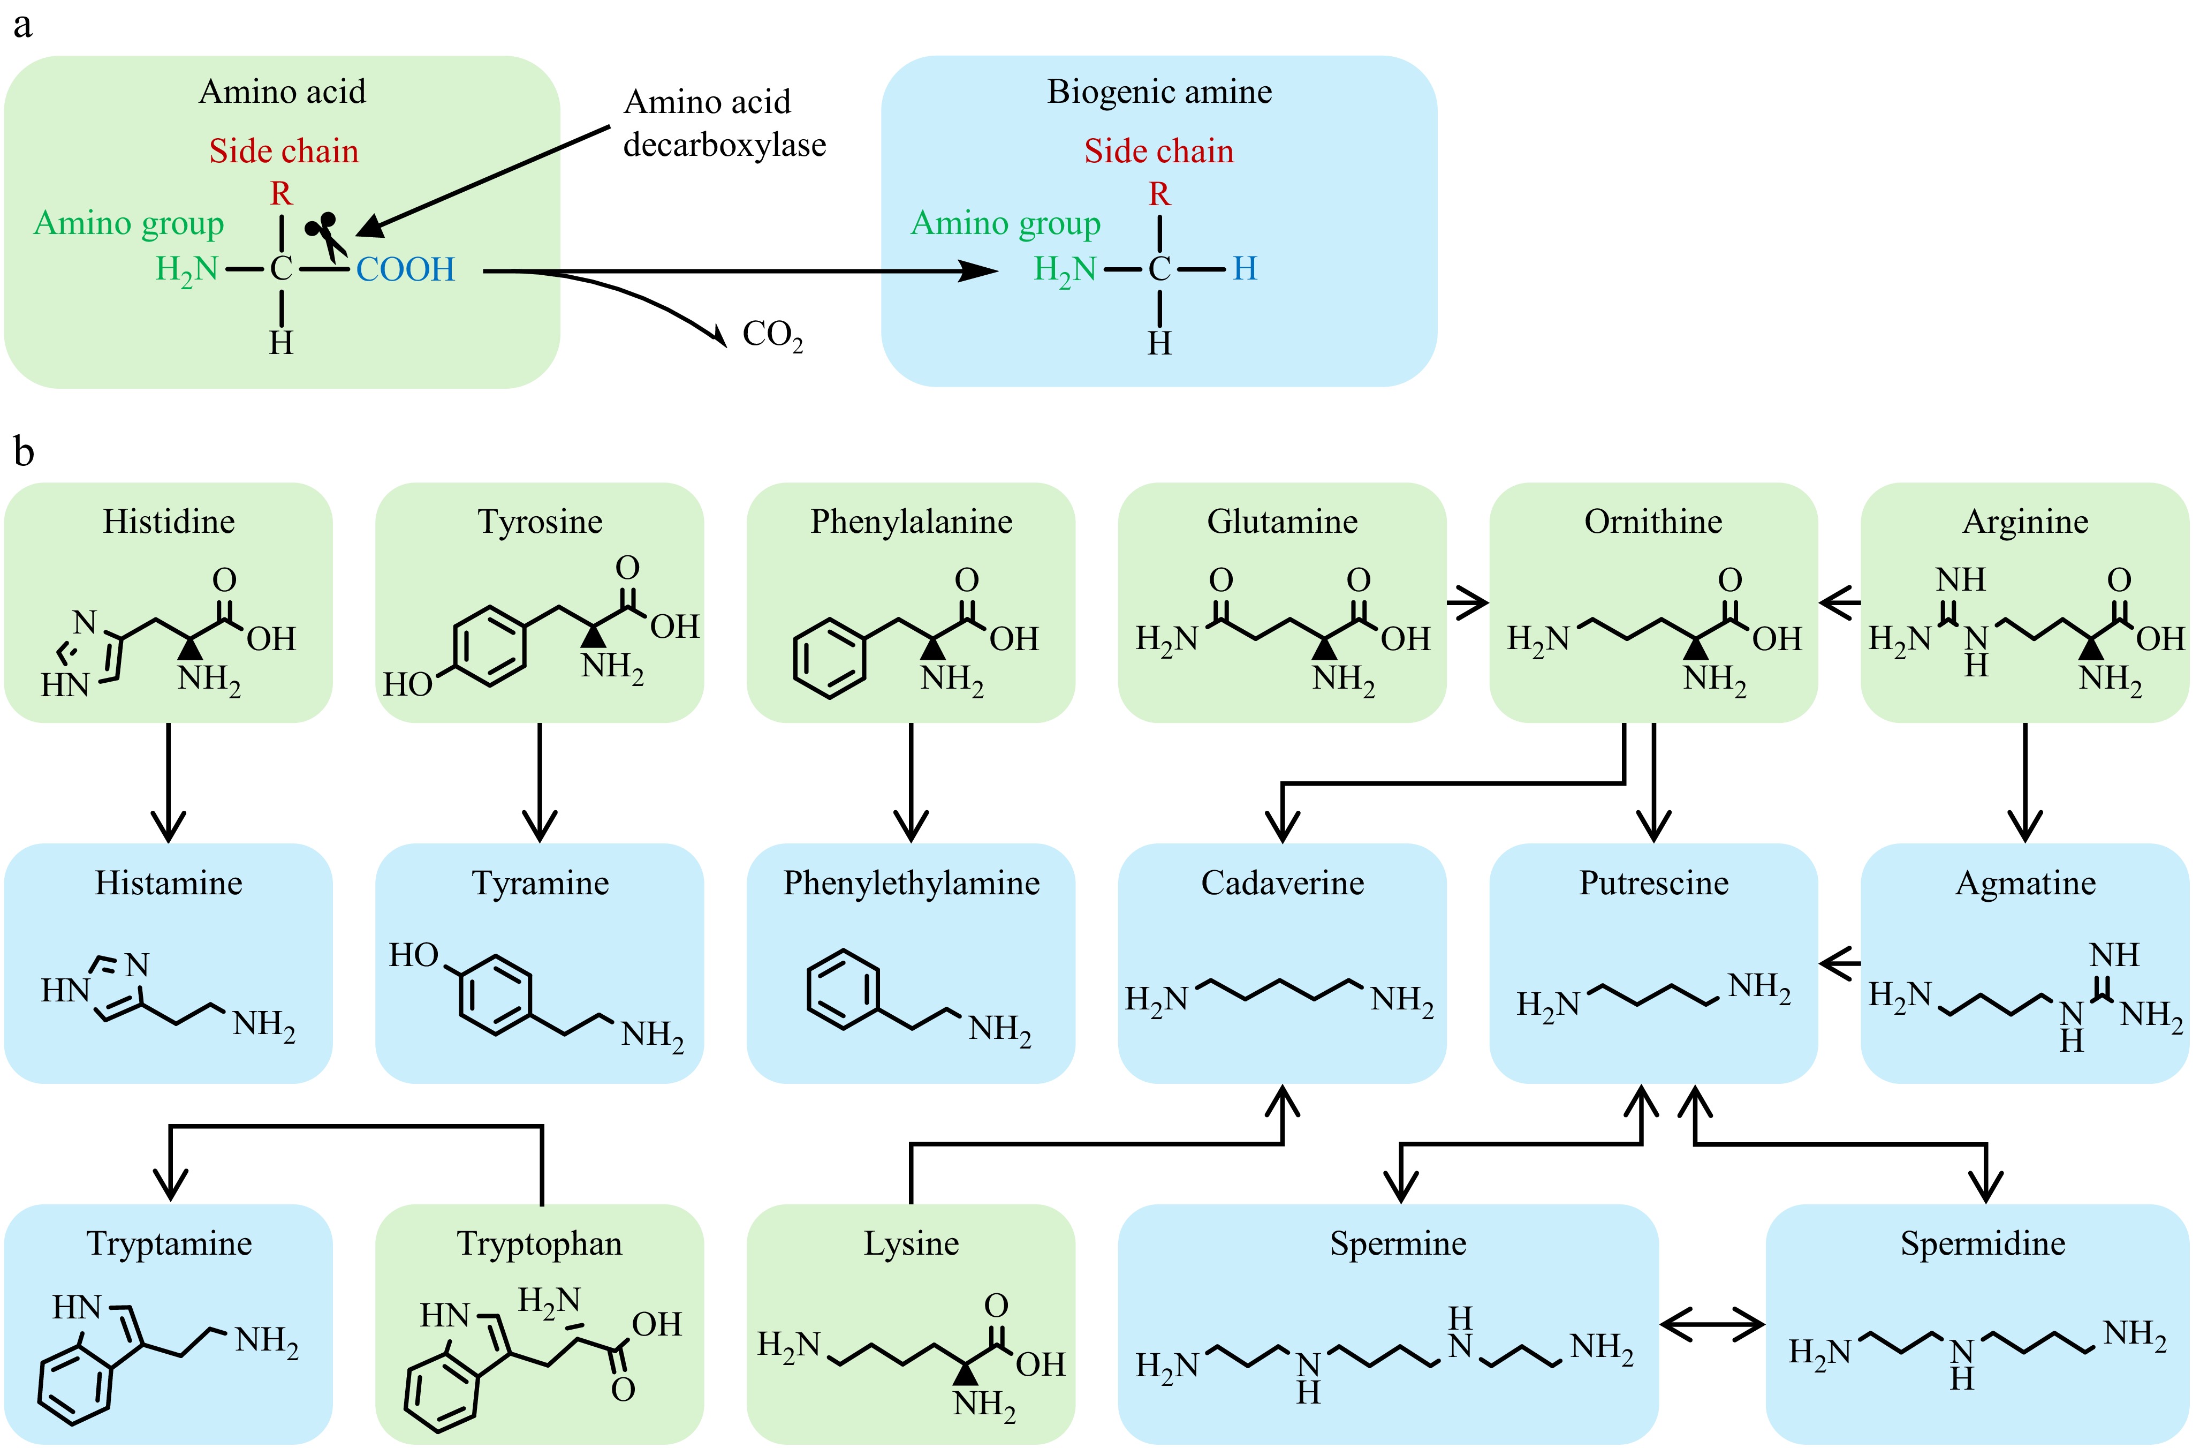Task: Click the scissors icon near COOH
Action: (325, 233)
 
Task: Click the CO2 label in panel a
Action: (772, 335)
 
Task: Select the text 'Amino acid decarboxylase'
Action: (724, 123)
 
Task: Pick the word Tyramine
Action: (540, 883)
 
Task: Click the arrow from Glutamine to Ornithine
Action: (1468, 603)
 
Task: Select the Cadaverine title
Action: (1282, 883)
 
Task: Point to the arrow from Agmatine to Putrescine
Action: (1840, 963)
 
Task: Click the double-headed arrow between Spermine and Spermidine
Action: (1712, 1324)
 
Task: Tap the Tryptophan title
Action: (540, 1243)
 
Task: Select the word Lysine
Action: (912, 1243)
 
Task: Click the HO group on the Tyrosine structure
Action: (408, 684)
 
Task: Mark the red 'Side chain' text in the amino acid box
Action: (284, 150)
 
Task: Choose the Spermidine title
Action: (1983, 1243)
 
